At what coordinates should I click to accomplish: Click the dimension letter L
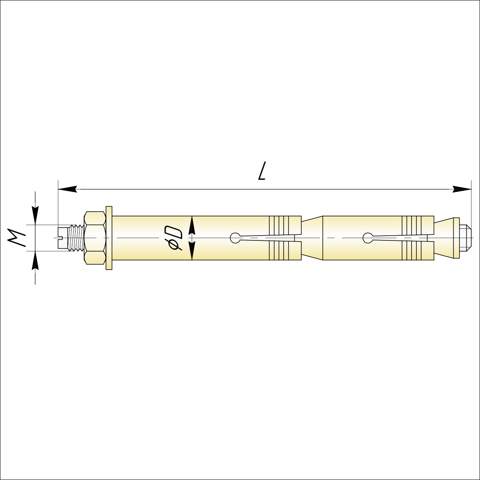coord(262,171)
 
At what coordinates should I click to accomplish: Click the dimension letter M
coord(16,238)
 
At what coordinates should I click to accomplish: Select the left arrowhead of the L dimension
coord(67,189)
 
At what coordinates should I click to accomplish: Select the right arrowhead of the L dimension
coord(462,189)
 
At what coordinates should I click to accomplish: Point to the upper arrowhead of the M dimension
coord(35,216)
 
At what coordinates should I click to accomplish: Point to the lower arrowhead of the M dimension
coord(35,260)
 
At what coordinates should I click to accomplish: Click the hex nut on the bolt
coord(95,238)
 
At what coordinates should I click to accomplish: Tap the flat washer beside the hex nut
coord(109,238)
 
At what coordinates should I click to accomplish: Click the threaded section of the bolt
coord(77,238)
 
